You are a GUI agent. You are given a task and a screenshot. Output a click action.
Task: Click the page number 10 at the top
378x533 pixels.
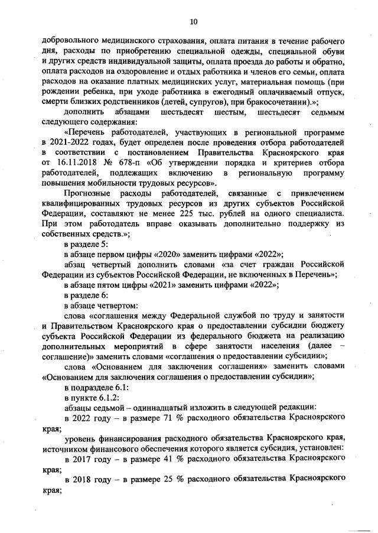(x=193, y=22)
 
